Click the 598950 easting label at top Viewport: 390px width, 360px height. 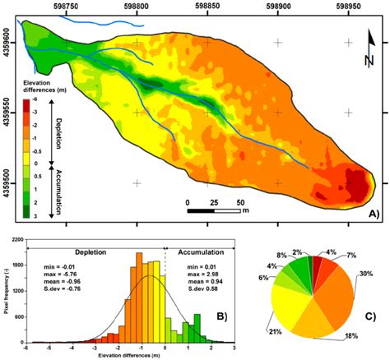coord(348,7)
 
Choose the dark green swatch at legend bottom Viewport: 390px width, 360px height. coord(27,215)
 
